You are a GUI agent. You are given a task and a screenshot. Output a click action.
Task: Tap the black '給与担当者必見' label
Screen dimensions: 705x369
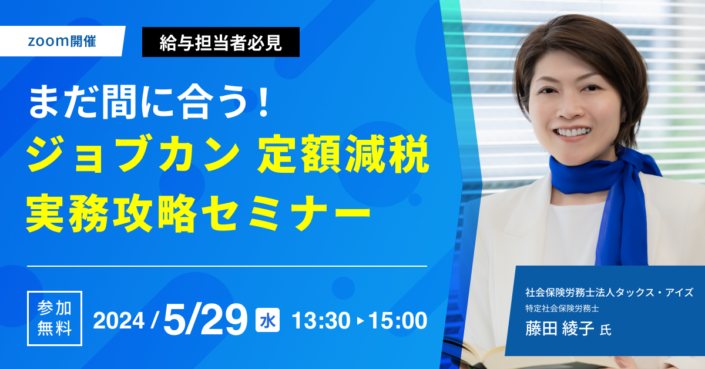(x=221, y=42)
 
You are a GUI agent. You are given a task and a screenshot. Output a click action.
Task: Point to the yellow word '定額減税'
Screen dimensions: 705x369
(x=343, y=153)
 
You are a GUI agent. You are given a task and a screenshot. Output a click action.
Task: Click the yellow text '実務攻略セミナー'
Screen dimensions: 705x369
(x=199, y=214)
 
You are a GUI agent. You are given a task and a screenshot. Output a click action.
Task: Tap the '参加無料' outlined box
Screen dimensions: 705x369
(x=55, y=318)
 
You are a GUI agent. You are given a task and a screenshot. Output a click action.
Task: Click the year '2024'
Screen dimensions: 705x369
(x=119, y=321)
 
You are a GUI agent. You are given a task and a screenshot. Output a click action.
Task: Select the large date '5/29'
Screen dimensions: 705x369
(x=205, y=320)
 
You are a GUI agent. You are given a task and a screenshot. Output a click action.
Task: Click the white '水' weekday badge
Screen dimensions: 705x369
(x=267, y=320)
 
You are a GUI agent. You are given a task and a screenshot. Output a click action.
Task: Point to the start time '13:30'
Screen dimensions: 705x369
(x=321, y=321)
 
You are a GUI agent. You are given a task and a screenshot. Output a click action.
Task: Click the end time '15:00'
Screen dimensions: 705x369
(x=398, y=321)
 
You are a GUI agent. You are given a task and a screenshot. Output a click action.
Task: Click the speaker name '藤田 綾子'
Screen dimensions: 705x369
(x=559, y=328)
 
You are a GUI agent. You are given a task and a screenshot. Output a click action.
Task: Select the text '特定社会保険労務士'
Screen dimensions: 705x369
(x=562, y=308)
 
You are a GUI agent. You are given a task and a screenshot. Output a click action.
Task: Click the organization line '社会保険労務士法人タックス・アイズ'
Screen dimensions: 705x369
(x=609, y=293)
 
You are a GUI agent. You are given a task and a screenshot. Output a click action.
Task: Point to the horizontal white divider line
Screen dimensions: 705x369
(x=227, y=266)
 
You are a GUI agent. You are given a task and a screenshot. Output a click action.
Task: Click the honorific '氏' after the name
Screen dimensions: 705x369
(x=606, y=330)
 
